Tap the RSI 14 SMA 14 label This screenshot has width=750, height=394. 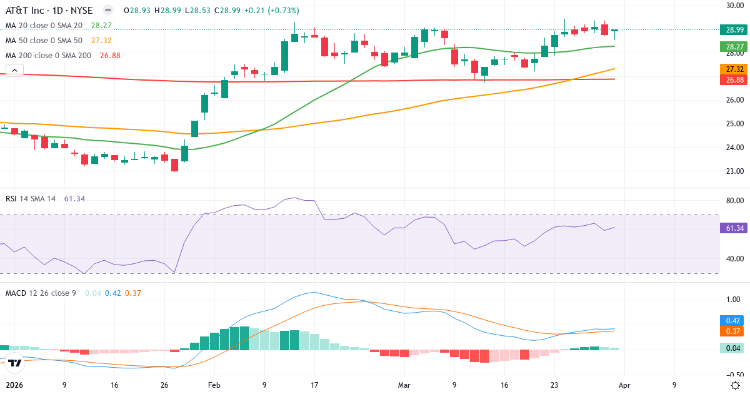point(31,198)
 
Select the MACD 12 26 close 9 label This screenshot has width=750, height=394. point(41,293)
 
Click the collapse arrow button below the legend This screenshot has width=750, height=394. point(14,70)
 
